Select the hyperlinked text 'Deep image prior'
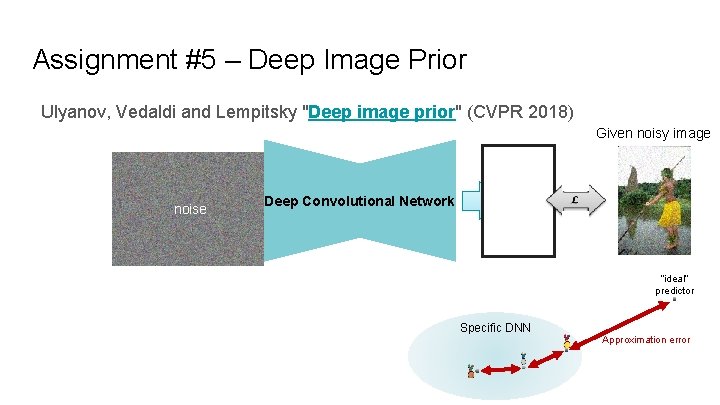[382, 111]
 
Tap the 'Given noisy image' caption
[652, 133]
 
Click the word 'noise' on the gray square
[190, 209]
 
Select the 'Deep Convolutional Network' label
[359, 201]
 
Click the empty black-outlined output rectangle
[518, 201]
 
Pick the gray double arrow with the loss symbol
[577, 201]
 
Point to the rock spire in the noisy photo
[631, 185]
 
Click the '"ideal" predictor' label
[675, 285]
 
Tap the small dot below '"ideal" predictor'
[675, 299]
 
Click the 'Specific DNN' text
[495, 328]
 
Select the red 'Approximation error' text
[646, 340]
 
